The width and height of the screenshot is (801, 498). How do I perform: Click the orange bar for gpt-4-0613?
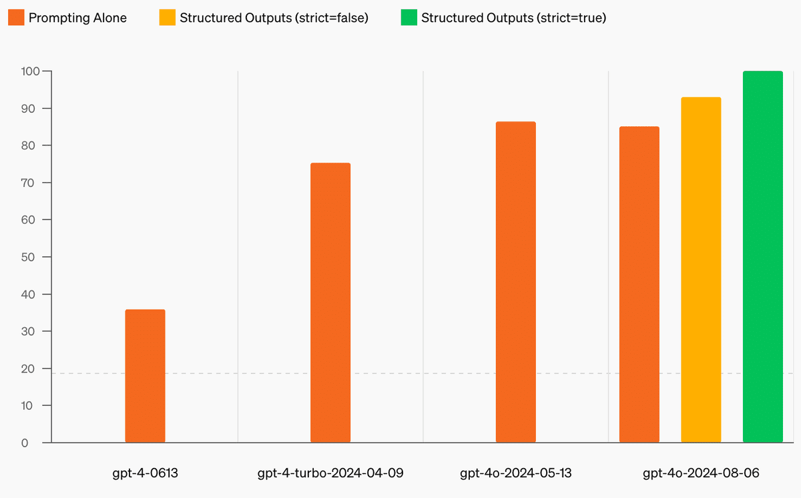coord(145,376)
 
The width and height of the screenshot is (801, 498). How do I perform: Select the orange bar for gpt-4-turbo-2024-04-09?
coord(330,302)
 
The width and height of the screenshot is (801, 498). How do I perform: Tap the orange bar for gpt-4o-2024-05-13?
coord(515,282)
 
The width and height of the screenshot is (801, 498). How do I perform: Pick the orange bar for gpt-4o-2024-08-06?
coord(639,284)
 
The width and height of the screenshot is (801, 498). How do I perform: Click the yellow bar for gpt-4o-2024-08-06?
coord(701,270)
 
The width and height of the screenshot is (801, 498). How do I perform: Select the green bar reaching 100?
coord(762,256)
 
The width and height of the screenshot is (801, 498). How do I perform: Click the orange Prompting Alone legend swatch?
coord(15,18)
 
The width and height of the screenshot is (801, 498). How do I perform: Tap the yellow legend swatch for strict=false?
coord(167,18)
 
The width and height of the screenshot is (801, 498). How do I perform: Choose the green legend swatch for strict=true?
coord(409,18)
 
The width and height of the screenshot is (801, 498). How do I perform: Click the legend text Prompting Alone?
coord(77,18)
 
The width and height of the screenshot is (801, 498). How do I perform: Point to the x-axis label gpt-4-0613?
coord(145,474)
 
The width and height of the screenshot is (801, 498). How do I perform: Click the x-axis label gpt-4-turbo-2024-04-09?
coord(330,474)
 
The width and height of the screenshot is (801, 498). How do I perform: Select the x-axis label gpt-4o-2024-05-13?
coord(515,474)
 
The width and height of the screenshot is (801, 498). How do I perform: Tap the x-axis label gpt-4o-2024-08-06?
coord(701,474)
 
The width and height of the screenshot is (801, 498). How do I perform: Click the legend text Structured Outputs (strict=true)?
coord(513,18)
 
